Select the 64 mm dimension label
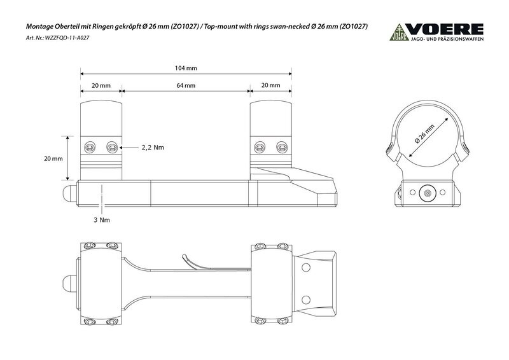(186, 85)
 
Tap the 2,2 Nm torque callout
(153, 148)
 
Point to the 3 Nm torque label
(102, 220)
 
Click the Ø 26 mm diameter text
(424, 134)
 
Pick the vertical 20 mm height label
(53, 159)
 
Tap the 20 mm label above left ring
(101, 85)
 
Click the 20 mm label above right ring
(271, 85)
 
